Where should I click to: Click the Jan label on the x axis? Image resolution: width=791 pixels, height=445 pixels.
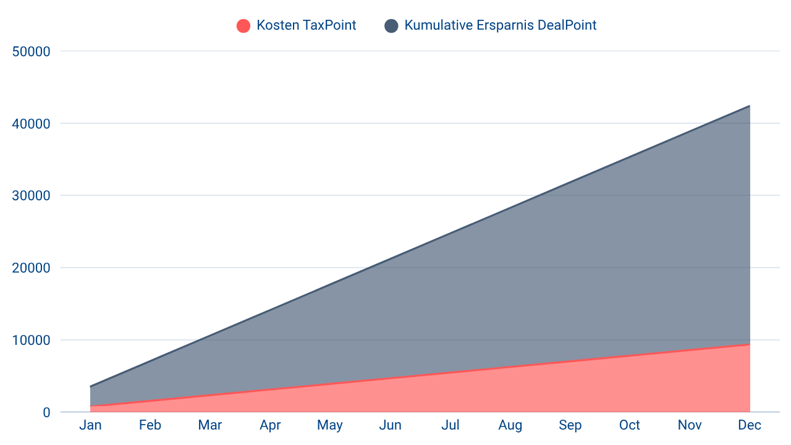(90, 425)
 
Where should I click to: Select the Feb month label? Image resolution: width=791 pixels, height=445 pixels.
(150, 425)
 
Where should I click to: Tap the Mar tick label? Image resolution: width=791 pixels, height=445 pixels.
(210, 425)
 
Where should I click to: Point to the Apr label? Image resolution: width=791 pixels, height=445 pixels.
(270, 425)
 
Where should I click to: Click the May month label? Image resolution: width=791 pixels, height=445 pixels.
(330, 425)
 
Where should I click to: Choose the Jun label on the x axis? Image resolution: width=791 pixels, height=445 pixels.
(390, 425)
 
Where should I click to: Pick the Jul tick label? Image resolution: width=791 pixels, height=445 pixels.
(450, 425)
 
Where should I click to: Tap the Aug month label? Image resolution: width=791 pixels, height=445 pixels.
(510, 425)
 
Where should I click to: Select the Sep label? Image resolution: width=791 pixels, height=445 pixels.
(570, 425)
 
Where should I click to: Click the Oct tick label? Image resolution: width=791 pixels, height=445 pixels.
(630, 425)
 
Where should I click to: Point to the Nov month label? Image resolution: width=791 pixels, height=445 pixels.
(690, 425)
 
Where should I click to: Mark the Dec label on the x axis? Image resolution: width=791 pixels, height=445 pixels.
(750, 425)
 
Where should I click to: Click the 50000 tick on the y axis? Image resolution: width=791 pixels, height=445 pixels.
(31, 51)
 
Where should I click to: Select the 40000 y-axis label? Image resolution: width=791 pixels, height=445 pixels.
(31, 124)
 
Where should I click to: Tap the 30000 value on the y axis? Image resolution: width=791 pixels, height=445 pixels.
(31, 196)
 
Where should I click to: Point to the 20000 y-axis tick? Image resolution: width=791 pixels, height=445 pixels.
(31, 268)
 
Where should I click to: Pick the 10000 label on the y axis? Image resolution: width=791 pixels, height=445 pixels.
(31, 341)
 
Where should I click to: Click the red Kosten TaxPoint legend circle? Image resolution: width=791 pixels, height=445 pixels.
(243, 26)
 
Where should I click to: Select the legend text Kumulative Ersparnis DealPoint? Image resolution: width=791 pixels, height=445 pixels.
(501, 26)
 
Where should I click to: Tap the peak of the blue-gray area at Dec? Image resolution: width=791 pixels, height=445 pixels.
(750, 105)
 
